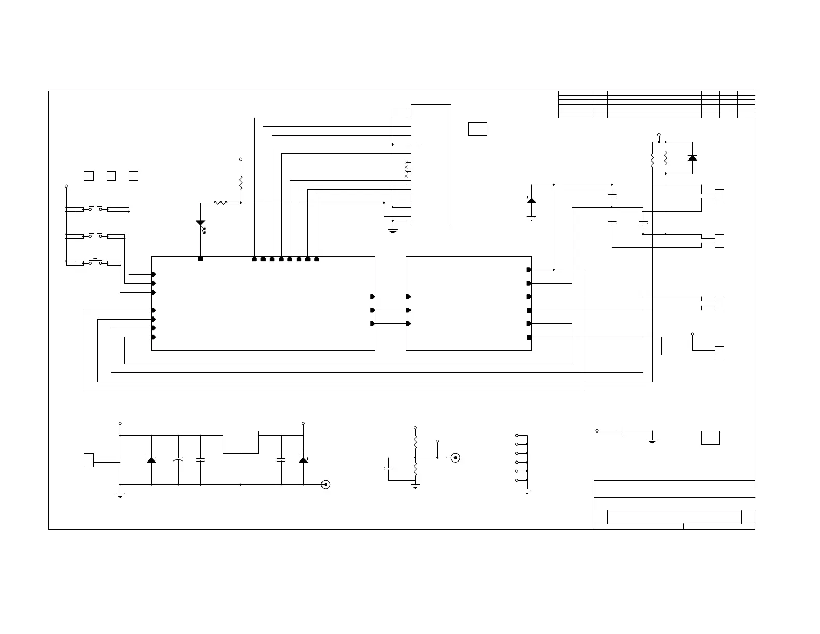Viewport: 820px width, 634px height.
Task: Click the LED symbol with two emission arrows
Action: pyautogui.click(x=201, y=224)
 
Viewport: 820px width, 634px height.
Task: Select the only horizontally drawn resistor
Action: pyautogui.click(x=221, y=203)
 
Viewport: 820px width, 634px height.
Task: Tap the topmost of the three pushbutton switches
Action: pyautogui.click(x=96, y=208)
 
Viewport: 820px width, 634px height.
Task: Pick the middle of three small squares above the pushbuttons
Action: pyautogui.click(x=111, y=176)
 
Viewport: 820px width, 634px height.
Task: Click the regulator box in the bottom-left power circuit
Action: pyautogui.click(x=241, y=442)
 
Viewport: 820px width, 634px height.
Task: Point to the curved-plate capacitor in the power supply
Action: pyautogui.click(x=178, y=459)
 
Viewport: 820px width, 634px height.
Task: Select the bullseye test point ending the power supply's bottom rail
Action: pyautogui.click(x=326, y=485)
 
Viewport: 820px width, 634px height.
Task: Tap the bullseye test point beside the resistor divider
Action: pyautogui.click(x=455, y=458)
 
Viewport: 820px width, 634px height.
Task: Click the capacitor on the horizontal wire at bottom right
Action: pyautogui.click(x=624, y=431)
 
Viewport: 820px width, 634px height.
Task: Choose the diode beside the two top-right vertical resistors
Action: pyautogui.click(x=692, y=158)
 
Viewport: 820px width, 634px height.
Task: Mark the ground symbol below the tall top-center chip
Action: pyautogui.click(x=393, y=232)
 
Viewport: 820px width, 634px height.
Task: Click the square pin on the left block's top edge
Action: pyautogui.click(x=201, y=259)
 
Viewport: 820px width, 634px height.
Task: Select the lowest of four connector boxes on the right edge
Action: pyautogui.click(x=719, y=353)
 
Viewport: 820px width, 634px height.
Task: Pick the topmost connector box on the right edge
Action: pyautogui.click(x=719, y=196)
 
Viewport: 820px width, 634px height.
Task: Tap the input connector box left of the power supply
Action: pyautogui.click(x=89, y=460)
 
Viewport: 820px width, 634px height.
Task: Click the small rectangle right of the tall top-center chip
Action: pyautogui.click(x=477, y=129)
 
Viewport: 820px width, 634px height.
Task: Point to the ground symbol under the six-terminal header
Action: pyautogui.click(x=527, y=491)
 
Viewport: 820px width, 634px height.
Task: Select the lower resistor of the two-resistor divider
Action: pyautogui.click(x=415, y=470)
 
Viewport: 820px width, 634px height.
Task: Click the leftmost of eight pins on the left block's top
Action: pyautogui.click(x=254, y=259)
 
